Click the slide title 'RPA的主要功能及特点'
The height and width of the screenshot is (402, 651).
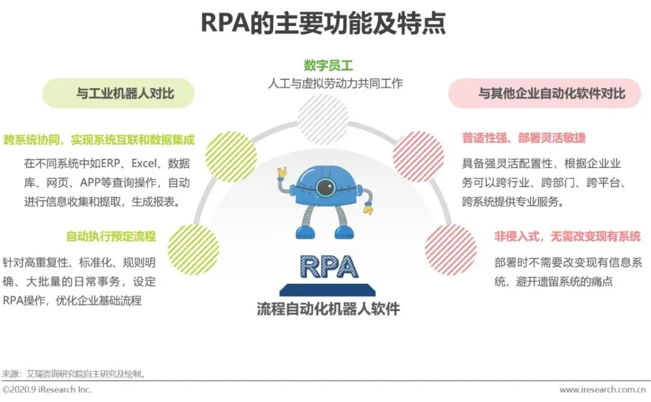pyautogui.click(x=324, y=23)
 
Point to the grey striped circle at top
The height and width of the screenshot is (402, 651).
pyautogui.click(x=323, y=119)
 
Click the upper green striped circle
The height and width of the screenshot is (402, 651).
pyautogui.click(x=231, y=157)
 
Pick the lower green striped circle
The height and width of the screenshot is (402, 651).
pyautogui.click(x=193, y=249)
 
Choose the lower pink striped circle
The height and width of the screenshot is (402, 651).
pyautogui.click(x=450, y=249)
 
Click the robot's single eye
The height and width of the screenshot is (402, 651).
pyautogui.click(x=325, y=187)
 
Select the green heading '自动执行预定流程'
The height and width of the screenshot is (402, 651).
pyautogui.click(x=111, y=236)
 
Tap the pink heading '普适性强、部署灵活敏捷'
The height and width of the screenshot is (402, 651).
pyautogui.click(x=524, y=138)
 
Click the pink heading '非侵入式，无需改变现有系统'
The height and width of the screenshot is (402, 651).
pyautogui.click(x=567, y=236)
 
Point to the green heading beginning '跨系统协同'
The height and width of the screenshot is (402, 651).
pyautogui.click(x=99, y=139)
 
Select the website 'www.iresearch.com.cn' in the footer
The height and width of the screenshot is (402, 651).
pyautogui.click(x=605, y=390)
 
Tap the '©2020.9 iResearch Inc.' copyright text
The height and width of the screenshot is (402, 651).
pyautogui.click(x=47, y=390)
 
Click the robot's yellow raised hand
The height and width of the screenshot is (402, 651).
pyautogui.click(x=281, y=174)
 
